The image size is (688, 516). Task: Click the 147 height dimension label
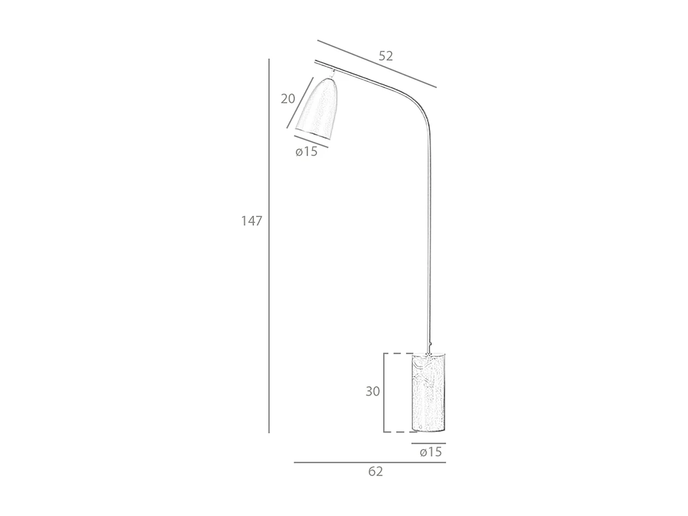[x=251, y=221]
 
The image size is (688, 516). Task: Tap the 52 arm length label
[x=386, y=56]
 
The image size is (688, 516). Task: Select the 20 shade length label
[x=288, y=99]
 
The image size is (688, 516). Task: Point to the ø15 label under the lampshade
[x=306, y=151]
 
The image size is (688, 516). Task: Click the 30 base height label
[x=372, y=391]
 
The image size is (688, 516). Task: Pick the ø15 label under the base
[x=431, y=452]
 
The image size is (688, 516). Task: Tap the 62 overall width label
[x=375, y=472]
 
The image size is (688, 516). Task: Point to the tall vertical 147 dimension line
[x=269, y=275]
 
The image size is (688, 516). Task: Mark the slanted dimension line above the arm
[x=377, y=64]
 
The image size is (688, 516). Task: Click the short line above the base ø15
[x=428, y=444]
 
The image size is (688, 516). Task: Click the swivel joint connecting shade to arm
[x=332, y=73]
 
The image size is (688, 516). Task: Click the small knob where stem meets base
[x=430, y=344]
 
